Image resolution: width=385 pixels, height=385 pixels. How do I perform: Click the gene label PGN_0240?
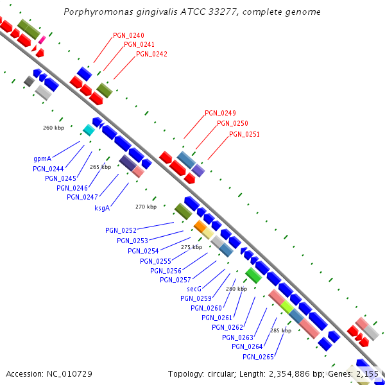point(128,35)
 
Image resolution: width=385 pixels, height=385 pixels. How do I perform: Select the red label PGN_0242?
point(151,54)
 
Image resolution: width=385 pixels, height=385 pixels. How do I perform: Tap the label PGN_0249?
point(220,113)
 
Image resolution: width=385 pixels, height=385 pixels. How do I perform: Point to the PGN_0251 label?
point(244,134)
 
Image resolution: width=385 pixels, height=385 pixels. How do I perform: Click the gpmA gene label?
point(42,158)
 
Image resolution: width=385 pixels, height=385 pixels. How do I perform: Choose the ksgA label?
point(102,207)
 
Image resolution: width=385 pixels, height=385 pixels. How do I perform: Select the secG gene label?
point(194,289)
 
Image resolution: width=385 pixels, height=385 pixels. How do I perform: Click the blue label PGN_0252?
point(121,230)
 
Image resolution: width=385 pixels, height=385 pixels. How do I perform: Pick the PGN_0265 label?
point(259,357)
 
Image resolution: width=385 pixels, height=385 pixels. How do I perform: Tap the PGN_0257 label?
point(176,280)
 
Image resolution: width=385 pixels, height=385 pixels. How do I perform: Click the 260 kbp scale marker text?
point(53,128)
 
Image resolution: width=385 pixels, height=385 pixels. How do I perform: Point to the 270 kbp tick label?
point(146,207)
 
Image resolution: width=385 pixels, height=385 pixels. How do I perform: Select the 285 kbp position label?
point(280,330)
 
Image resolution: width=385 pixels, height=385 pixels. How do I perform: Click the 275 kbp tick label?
point(191,247)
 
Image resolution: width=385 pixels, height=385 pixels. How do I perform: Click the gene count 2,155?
point(366,373)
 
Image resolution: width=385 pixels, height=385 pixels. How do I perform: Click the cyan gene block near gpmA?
point(89,130)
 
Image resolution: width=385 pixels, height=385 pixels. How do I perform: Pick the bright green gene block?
point(253,276)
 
